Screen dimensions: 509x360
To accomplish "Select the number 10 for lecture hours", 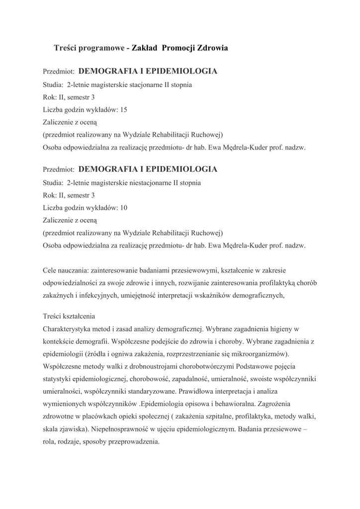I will [124, 207].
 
